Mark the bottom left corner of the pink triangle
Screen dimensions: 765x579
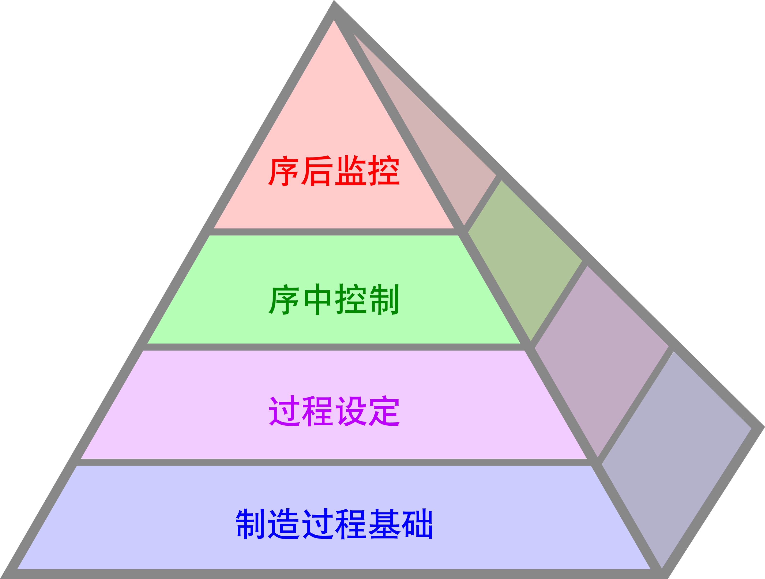pos(214,228)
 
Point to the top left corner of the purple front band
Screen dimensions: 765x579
pos(143,351)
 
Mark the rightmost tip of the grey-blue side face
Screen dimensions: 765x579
pos(751,429)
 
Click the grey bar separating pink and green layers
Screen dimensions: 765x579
pos(334,232)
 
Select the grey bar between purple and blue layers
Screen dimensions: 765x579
pos(334,462)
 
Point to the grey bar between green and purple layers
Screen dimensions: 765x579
pos(334,347)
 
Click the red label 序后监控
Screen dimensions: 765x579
pos(334,170)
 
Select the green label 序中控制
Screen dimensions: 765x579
pos(334,299)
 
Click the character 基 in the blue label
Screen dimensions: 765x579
pos(384,524)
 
